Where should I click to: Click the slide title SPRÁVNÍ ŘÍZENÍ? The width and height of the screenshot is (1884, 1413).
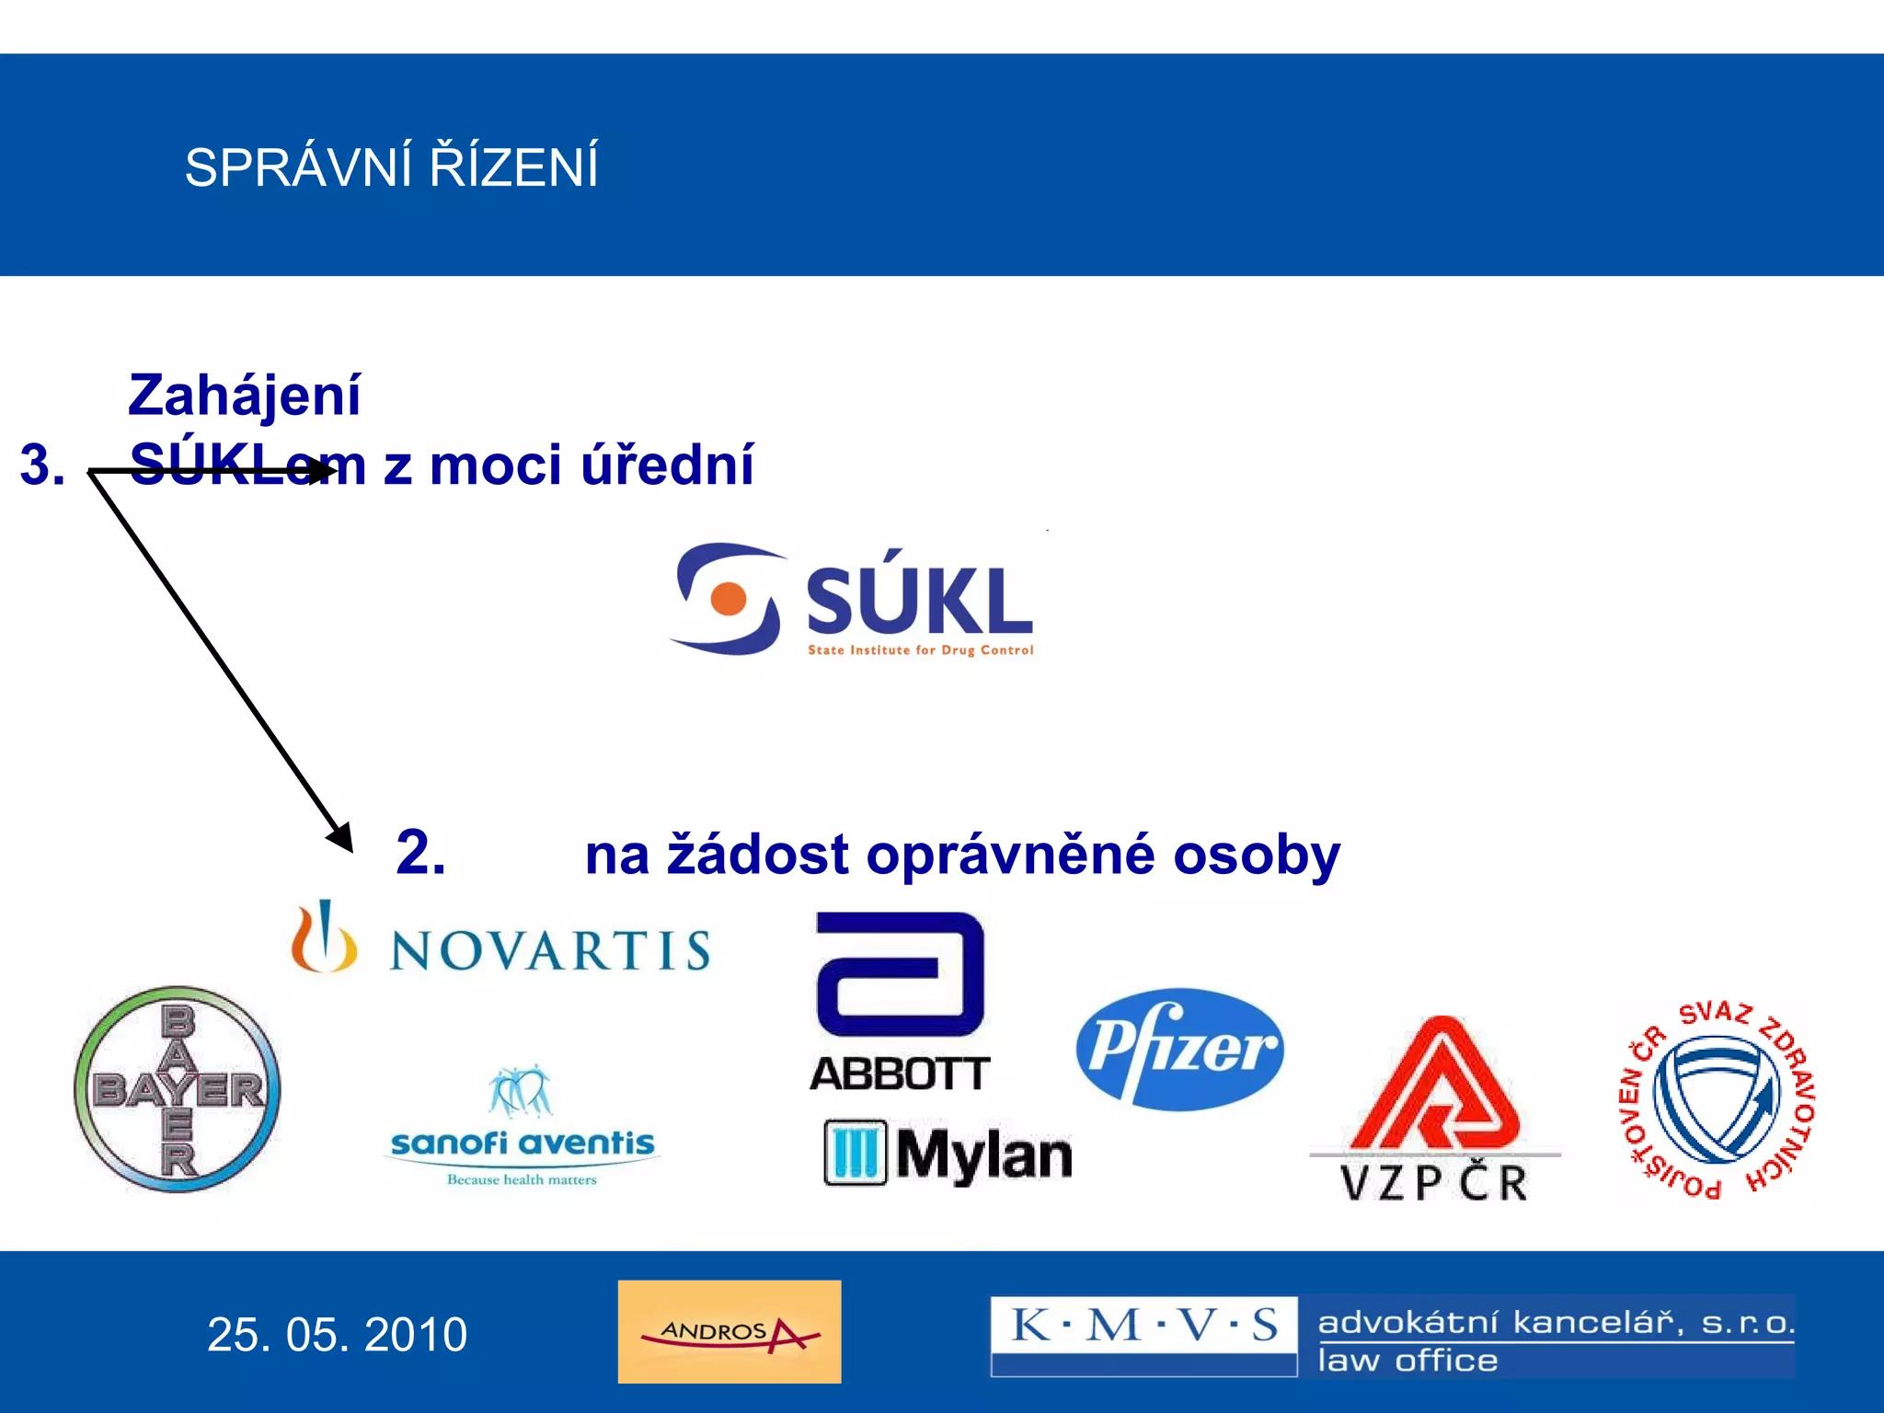click(391, 167)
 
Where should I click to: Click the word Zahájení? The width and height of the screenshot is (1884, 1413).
click(245, 395)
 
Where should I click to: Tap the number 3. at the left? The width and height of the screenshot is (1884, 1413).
click(42, 465)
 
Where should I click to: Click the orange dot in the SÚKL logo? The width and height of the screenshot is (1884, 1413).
click(729, 598)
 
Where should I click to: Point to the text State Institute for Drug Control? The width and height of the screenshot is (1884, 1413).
click(920, 650)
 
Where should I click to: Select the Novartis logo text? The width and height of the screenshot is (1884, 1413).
click(550, 950)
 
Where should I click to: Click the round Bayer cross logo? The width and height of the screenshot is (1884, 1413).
click(178, 1089)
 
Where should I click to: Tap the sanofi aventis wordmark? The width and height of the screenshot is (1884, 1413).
click(522, 1143)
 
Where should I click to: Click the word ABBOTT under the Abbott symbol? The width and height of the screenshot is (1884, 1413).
click(899, 1074)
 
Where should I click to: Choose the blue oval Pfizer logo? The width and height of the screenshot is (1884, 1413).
click(1179, 1049)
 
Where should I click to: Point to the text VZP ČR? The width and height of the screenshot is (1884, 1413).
click(1433, 1182)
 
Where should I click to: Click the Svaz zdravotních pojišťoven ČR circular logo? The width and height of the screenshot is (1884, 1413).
click(1717, 1099)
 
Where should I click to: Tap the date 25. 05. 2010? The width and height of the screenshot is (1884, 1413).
click(337, 1334)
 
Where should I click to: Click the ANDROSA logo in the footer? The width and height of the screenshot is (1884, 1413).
click(729, 1331)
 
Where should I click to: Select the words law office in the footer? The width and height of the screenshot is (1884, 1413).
click(1407, 1360)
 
